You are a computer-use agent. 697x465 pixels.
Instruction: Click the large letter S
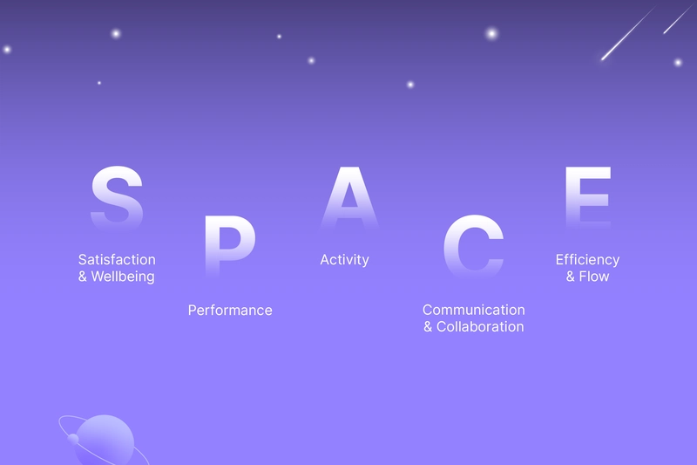point(117,197)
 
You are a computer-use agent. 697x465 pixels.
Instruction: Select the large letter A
point(350,197)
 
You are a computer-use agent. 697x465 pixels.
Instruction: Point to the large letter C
point(474,246)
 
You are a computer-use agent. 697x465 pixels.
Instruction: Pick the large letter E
point(588,197)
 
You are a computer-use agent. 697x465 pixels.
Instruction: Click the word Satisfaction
point(117,259)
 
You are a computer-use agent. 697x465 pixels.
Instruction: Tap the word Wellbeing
point(123,277)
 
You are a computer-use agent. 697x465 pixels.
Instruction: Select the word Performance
point(230,311)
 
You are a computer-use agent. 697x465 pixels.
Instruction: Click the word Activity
point(344,260)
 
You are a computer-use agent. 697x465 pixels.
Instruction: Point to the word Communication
point(474,310)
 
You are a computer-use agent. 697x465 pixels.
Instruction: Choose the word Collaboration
point(480,326)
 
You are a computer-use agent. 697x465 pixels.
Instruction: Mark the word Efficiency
point(587,260)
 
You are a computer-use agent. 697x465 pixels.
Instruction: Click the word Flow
point(594,277)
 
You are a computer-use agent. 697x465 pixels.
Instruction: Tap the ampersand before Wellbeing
point(83,277)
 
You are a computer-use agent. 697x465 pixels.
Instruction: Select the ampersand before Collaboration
point(428,326)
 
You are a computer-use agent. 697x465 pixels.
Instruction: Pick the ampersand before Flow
point(571,277)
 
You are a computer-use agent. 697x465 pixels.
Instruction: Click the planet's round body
point(105,440)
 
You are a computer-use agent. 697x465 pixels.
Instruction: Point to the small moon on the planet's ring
point(73,439)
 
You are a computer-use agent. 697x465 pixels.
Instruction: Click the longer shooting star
point(627,33)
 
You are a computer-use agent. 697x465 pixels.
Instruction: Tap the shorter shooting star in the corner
point(679,18)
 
